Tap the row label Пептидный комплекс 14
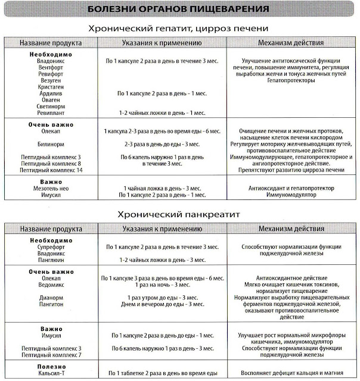click(x=51, y=170)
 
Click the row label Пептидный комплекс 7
click(x=50, y=355)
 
